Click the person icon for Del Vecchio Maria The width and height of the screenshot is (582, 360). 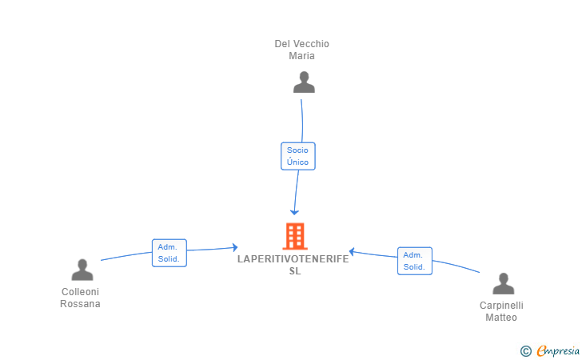point(304,82)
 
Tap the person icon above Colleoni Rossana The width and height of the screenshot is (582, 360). point(82,270)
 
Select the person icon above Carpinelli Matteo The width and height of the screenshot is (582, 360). point(504,283)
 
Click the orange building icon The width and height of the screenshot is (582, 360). point(295,236)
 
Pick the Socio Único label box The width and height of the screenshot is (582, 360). point(298,156)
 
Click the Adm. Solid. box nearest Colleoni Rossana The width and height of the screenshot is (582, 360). point(169,253)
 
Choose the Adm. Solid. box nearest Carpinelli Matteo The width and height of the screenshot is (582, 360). point(415,261)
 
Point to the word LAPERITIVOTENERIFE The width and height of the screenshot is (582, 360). point(293,259)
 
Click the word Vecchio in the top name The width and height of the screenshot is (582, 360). point(311,44)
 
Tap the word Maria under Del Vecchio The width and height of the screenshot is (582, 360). point(301,56)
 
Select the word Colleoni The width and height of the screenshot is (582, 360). point(80,292)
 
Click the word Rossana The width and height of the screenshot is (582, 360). point(80,304)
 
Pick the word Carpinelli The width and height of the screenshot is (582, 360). point(501,306)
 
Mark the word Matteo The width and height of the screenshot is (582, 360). point(501,318)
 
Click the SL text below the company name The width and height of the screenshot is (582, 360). point(295,271)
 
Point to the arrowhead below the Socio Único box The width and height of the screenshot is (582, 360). point(294,213)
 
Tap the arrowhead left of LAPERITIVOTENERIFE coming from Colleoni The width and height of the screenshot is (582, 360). point(235,247)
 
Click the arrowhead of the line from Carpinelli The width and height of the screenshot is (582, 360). point(352,251)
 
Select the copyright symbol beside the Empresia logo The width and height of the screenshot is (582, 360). point(525,351)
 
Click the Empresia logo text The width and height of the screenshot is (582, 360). point(558,350)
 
